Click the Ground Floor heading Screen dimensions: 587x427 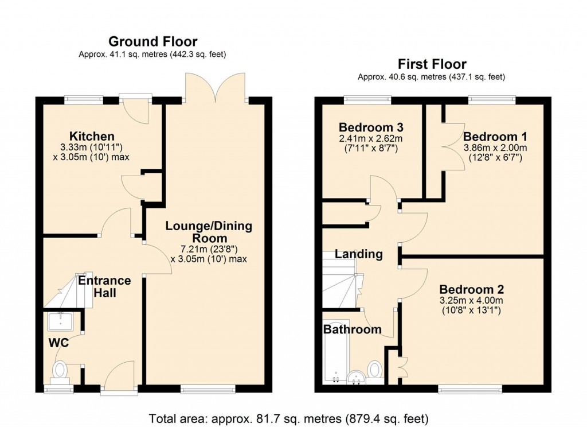pyautogui.click(x=152, y=41)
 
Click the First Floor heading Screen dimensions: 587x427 pyautogui.click(x=432, y=64)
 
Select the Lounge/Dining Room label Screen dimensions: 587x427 pyautogui.click(x=209, y=232)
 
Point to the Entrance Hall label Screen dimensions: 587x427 pyautogui.click(x=104, y=286)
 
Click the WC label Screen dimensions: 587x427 pyautogui.click(x=58, y=343)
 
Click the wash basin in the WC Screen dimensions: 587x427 pyautogui.click(x=60, y=321)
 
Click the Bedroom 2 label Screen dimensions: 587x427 pyautogui.click(x=471, y=289)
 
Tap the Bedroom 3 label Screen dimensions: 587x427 pyautogui.click(x=371, y=127)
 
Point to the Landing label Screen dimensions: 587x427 pyautogui.click(x=359, y=254)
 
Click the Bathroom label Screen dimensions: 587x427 pyautogui.click(x=353, y=329)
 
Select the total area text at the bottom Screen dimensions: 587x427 pyautogui.click(x=289, y=418)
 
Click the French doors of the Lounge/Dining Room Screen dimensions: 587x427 pyautogui.click(x=216, y=88)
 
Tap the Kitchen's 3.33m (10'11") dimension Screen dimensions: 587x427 pyautogui.click(x=91, y=147)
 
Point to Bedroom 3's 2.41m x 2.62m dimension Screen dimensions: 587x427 pyautogui.click(x=371, y=138)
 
